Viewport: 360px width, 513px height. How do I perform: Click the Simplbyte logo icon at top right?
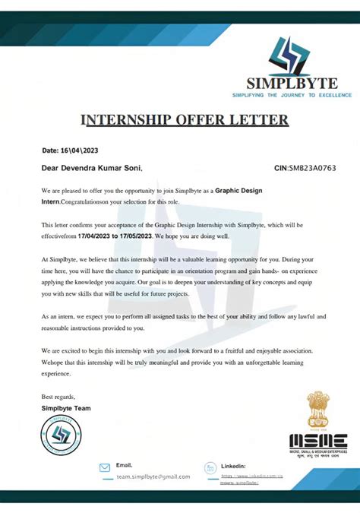(291, 56)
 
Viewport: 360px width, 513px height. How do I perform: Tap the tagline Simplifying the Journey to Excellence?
(292, 95)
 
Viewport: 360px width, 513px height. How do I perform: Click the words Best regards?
(58, 397)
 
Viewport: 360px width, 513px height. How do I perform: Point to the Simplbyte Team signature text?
(66, 409)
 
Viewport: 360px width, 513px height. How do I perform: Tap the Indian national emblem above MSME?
(317, 410)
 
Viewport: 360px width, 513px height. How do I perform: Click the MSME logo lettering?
(318, 441)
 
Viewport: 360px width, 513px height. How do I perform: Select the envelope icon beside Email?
(106, 468)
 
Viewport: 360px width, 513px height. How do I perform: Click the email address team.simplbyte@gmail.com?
(153, 477)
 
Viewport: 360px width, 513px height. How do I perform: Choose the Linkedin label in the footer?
(233, 465)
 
